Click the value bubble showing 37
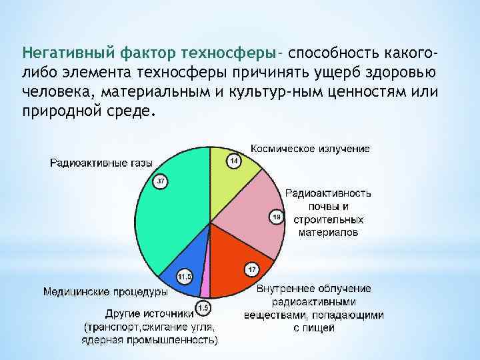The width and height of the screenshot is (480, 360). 160,181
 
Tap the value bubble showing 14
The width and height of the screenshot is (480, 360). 234,161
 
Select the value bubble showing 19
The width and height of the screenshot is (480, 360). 276,217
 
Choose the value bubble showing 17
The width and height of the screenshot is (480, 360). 251,269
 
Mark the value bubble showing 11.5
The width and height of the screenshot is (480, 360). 185,275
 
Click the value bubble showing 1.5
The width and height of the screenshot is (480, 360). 203,307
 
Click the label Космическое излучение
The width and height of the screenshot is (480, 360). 310,147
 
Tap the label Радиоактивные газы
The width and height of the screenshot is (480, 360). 101,163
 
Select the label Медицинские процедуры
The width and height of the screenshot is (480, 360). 105,291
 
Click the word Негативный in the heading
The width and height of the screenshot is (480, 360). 59,52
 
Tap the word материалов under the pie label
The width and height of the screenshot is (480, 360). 328,233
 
